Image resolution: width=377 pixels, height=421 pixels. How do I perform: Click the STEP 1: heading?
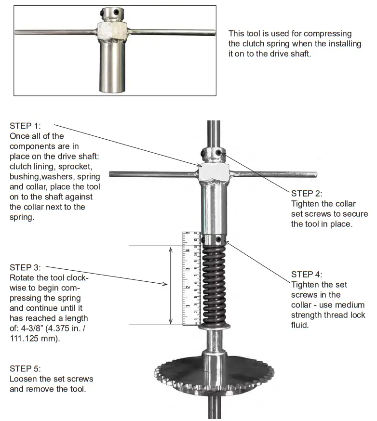tap(25, 126)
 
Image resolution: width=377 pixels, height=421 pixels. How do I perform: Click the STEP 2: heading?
tap(307, 194)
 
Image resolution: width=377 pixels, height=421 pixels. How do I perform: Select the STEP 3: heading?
tap(25, 267)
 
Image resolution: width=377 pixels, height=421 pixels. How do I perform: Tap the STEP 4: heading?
tap(307, 274)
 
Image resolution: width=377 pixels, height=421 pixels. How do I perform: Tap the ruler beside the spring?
tap(191, 279)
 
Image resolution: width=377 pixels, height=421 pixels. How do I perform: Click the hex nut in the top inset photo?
tap(111, 33)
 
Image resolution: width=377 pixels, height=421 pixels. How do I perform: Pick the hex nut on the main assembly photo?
tap(214, 172)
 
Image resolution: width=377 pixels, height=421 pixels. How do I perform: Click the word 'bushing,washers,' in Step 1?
tap(41, 177)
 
